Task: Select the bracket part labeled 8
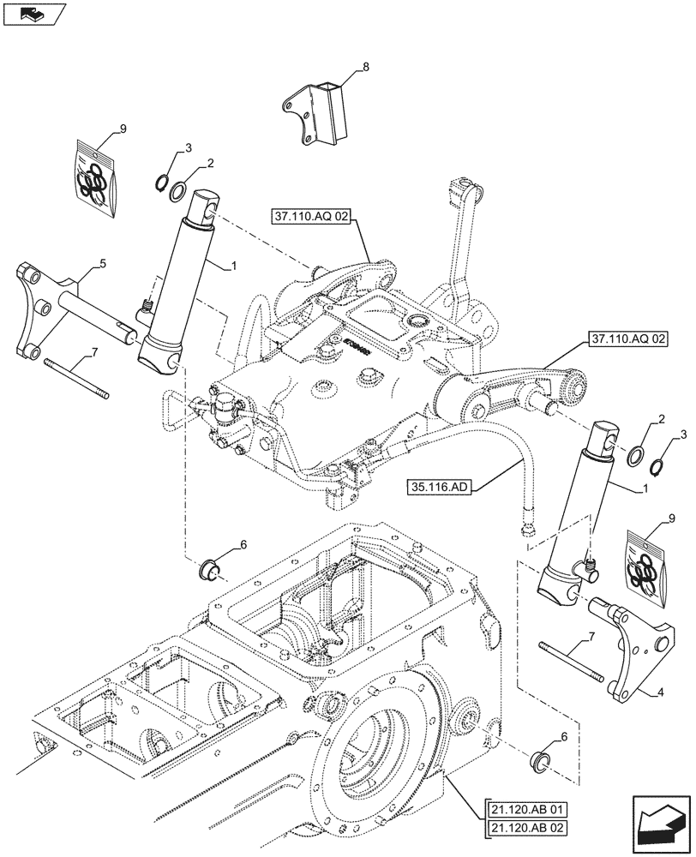[320, 116]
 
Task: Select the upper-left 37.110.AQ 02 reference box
[314, 216]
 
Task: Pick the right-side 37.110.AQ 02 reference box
[627, 339]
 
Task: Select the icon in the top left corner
[34, 13]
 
